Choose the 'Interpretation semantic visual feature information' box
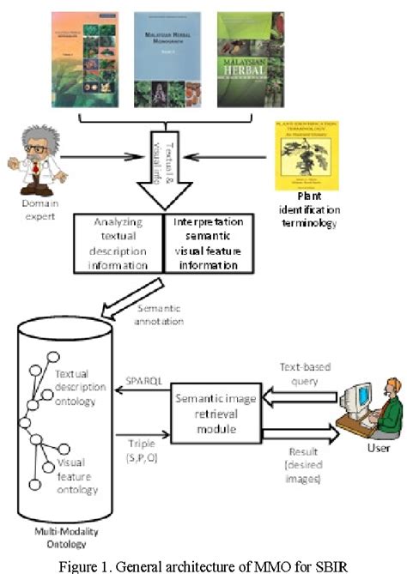(x=208, y=243)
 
